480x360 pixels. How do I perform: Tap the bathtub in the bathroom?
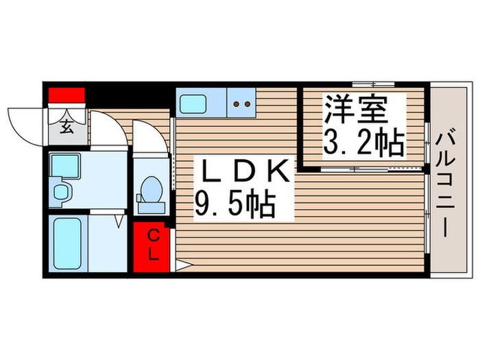tap(67, 243)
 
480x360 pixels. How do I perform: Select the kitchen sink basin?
tap(193, 104)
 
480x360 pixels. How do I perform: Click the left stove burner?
tap(237, 104)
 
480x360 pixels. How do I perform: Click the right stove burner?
tap(248, 104)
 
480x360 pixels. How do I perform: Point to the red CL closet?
tap(152, 247)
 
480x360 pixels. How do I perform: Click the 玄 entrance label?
tap(67, 127)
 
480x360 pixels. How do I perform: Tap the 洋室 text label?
tap(356, 109)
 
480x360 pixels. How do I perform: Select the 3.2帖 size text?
tap(363, 143)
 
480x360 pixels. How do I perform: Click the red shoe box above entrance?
tap(67, 95)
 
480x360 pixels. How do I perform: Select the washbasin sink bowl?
tap(60, 192)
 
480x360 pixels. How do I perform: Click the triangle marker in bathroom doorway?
tap(119, 221)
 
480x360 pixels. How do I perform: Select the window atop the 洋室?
tap(373, 84)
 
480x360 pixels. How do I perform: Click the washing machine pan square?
tap(65, 166)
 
